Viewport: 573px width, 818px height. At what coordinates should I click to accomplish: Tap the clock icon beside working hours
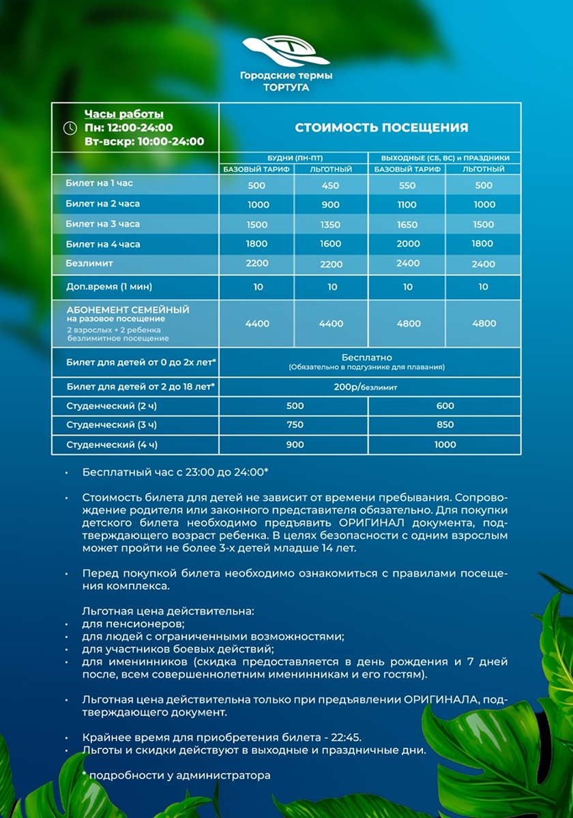click(x=70, y=127)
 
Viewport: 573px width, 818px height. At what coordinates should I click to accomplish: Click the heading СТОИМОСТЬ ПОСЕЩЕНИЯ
click(x=381, y=127)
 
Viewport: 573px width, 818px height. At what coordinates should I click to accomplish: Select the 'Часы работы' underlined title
click(x=123, y=114)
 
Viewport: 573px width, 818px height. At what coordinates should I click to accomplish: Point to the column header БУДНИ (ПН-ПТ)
click(x=294, y=157)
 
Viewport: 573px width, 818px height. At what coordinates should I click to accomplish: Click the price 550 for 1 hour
click(x=407, y=185)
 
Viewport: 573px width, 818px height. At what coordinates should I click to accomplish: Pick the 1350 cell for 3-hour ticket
click(x=331, y=224)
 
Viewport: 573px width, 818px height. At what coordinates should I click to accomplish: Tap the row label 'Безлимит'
click(x=89, y=262)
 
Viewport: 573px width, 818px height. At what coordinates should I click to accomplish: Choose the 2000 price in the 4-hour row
click(x=408, y=244)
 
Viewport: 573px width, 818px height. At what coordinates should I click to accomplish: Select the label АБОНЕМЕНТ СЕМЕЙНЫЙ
click(x=128, y=309)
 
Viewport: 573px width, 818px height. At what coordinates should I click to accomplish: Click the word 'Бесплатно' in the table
click(x=367, y=357)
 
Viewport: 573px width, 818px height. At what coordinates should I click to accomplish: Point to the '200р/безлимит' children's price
click(x=368, y=387)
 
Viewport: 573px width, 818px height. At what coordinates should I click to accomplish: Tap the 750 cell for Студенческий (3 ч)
click(x=295, y=425)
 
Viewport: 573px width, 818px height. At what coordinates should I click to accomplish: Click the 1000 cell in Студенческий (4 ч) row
click(x=445, y=444)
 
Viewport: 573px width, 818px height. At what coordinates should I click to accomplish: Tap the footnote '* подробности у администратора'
click(x=176, y=775)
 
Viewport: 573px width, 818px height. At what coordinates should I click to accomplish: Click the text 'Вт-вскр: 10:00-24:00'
click(x=144, y=142)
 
